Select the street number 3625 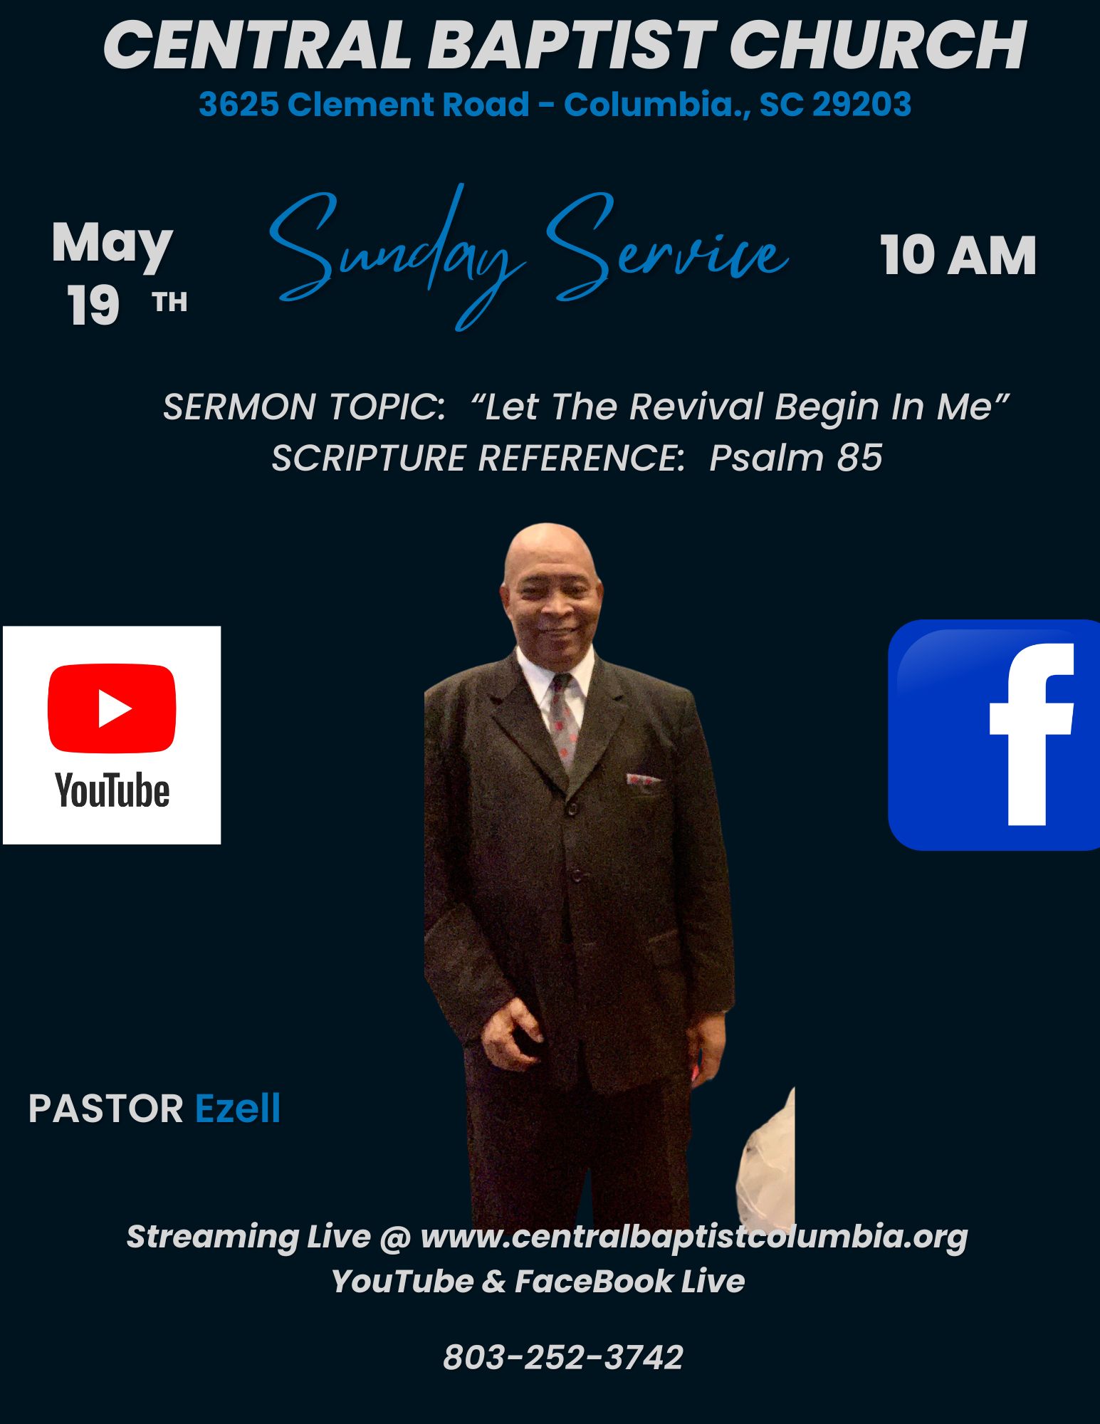239,105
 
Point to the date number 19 93,306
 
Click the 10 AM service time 958,255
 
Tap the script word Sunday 395,256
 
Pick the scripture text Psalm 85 796,457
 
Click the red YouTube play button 112,708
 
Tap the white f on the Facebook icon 1032,734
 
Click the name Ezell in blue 238,1109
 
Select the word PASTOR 106,1109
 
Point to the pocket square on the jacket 643,780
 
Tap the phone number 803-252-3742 563,1357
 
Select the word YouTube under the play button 112,790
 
